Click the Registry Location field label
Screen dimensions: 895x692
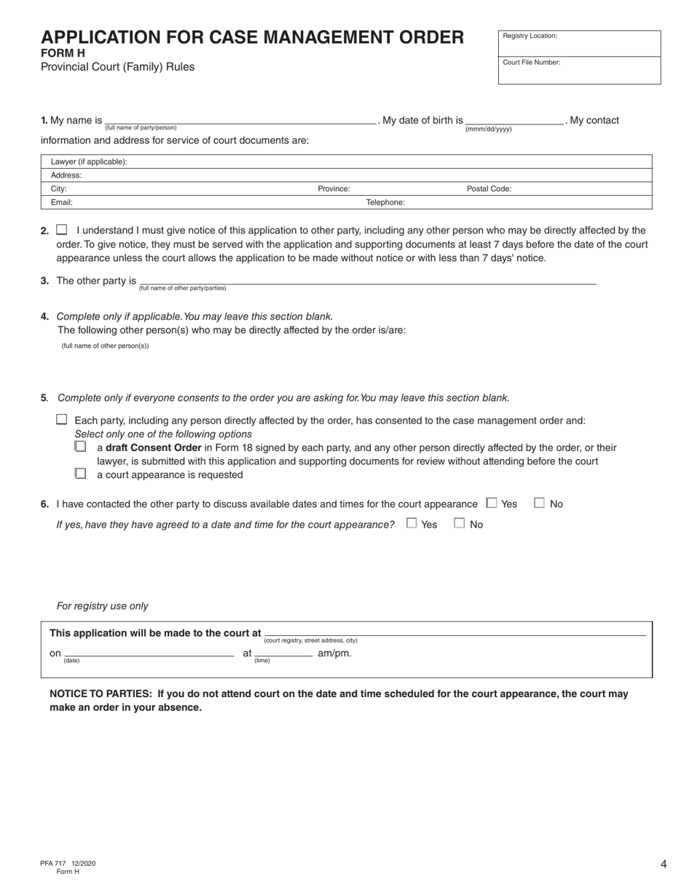tap(530, 36)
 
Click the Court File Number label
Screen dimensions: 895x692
tap(531, 63)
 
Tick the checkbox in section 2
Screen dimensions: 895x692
tap(62, 229)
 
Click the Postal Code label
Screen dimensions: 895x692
tap(489, 188)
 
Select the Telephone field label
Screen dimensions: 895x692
tap(385, 202)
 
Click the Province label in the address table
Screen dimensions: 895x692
tap(334, 188)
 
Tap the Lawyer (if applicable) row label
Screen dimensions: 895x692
tap(89, 162)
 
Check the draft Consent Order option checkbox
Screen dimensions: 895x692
tap(80, 447)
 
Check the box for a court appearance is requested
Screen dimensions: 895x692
tap(80, 474)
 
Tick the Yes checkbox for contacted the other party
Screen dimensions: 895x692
tap(492, 503)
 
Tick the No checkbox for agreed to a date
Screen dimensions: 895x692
tap(460, 523)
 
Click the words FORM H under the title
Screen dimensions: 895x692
tap(63, 53)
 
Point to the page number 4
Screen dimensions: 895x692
tap(664, 864)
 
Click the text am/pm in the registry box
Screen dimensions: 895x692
tap(334, 653)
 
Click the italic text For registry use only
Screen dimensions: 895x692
tap(102, 606)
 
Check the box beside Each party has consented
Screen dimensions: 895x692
tap(62, 420)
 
